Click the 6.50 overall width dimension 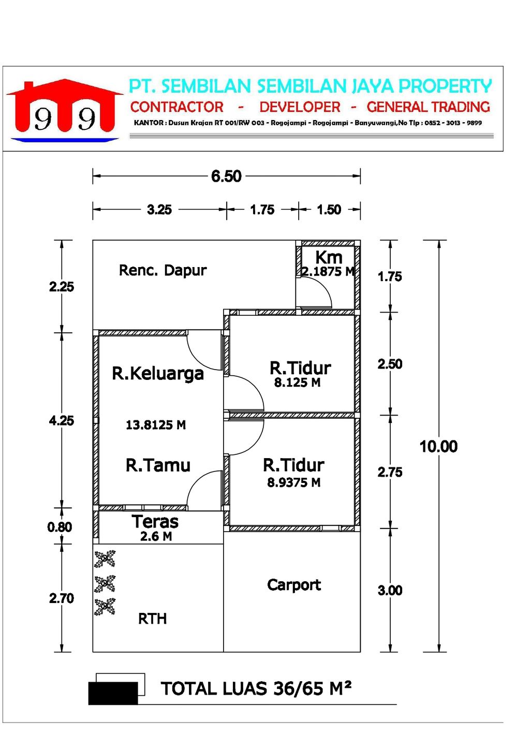point(226,176)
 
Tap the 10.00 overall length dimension point(438,446)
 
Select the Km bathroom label point(329,257)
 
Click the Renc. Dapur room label point(163,270)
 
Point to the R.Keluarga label point(158,374)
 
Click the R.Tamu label point(158,465)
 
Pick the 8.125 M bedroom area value point(297,383)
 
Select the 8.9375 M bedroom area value point(293,482)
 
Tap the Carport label point(294,585)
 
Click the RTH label point(152,619)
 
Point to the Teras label point(155,521)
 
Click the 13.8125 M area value point(156,425)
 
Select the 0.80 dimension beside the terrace point(60,527)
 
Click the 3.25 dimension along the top point(159,210)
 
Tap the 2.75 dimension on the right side point(390,472)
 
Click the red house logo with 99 point(65,110)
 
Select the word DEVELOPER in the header point(300,107)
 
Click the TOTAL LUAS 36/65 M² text point(256,689)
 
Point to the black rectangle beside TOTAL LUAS point(113,693)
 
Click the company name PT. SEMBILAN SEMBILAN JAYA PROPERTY point(311,86)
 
